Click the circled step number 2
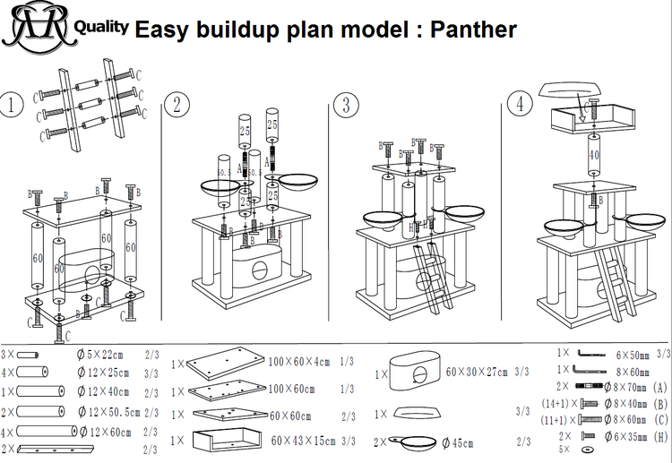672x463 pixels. click(x=178, y=104)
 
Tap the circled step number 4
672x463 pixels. click(x=519, y=104)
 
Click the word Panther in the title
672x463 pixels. click(x=472, y=29)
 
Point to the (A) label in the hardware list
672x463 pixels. click(x=660, y=388)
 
